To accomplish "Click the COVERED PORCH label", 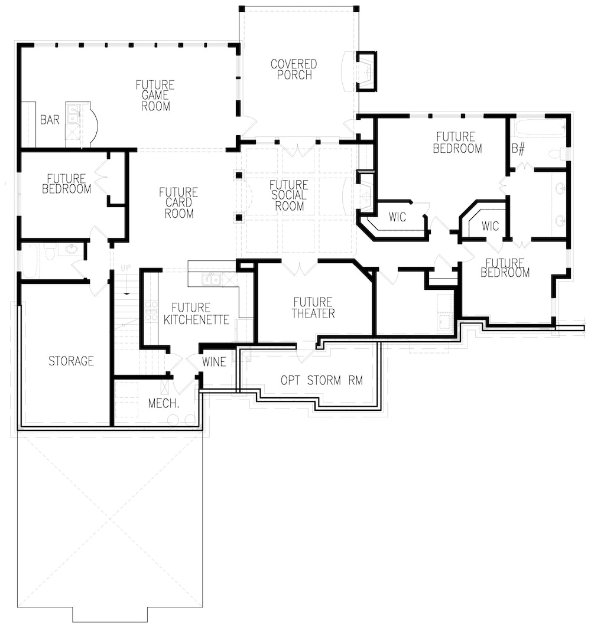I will pos(294,69).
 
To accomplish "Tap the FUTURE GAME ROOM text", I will pos(155,96).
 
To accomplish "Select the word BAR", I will pos(50,120).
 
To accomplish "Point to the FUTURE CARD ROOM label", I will pos(178,202).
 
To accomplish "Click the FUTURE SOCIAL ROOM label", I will pos(290,195).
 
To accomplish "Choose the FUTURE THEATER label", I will pos(313,308).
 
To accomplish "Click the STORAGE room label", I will pos(71,361).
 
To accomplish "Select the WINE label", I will pos(214,361).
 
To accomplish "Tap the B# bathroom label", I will pos(518,148).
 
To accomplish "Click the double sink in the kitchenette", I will pos(211,279).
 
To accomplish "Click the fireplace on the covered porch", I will pos(366,71).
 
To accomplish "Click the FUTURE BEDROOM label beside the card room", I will pos(66,184).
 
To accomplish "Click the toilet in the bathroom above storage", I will pos(50,252).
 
